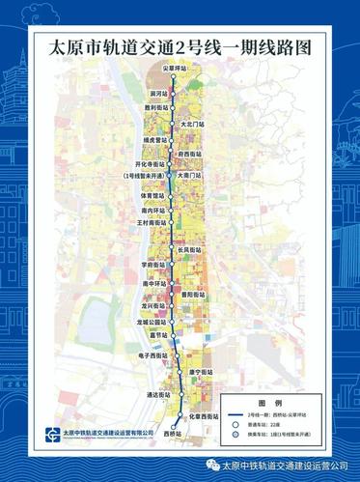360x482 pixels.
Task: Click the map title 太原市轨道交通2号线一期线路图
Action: pyautogui.click(x=180, y=45)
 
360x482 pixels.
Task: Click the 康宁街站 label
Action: pyautogui.click(x=201, y=372)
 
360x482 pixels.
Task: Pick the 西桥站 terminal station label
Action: pyautogui.click(x=173, y=435)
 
